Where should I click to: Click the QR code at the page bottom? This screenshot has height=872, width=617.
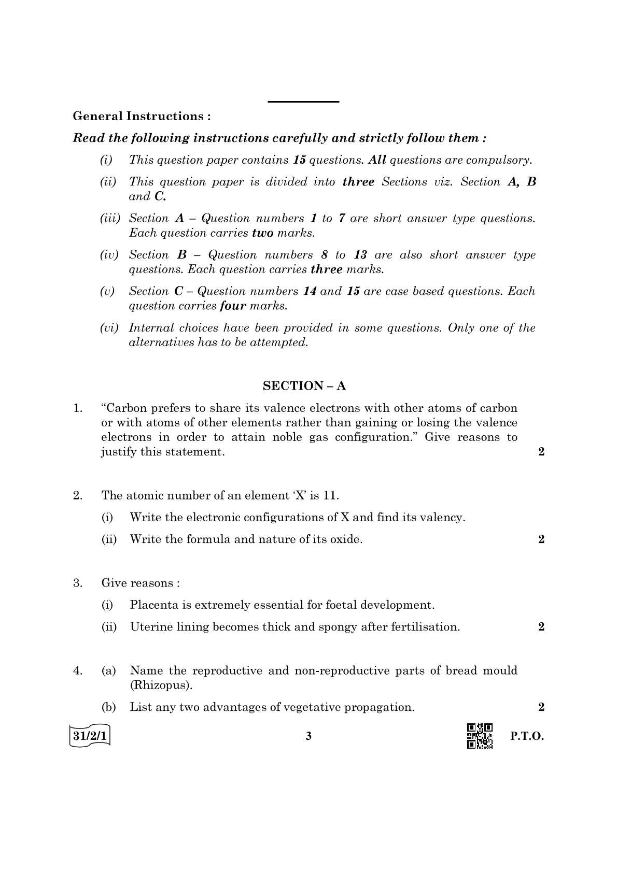pyautogui.click(x=480, y=736)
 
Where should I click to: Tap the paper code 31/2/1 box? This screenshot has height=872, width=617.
pyautogui.click(x=90, y=736)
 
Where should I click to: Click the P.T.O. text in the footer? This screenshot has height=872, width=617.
pyautogui.click(x=527, y=736)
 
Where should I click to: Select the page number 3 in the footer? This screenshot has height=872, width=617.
pyautogui.click(x=308, y=736)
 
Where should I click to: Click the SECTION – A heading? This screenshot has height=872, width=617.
pyautogui.click(x=304, y=385)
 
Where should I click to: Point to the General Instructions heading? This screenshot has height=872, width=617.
pyautogui.click(x=142, y=116)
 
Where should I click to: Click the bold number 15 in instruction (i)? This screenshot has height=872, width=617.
pyautogui.click(x=299, y=160)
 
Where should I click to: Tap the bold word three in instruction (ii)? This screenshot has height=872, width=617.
pyautogui.click(x=358, y=182)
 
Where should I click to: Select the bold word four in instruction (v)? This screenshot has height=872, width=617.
pyautogui.click(x=233, y=306)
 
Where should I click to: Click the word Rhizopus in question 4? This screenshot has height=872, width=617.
pyautogui.click(x=161, y=685)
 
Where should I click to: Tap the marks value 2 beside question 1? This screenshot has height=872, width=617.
pyautogui.click(x=541, y=451)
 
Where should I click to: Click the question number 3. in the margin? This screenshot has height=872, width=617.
pyautogui.click(x=78, y=583)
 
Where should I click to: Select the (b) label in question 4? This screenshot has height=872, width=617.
pyautogui.click(x=108, y=707)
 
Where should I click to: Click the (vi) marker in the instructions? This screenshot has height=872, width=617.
pyautogui.click(x=109, y=327)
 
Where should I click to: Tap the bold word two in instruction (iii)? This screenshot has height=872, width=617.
pyautogui.click(x=262, y=233)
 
